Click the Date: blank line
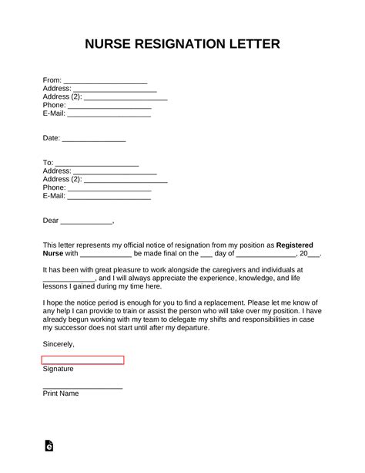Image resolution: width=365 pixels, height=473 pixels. [x=93, y=140]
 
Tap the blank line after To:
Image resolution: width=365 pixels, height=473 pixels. [x=96, y=164]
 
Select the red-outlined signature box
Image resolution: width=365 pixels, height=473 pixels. [x=82, y=360]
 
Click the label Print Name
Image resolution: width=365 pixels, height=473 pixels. [x=61, y=394]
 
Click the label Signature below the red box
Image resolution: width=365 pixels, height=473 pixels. [x=59, y=369]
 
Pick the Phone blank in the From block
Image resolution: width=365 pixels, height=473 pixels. [x=109, y=106]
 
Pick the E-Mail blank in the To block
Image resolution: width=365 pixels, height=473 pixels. [x=109, y=196]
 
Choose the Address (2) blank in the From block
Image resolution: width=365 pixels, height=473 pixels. [x=126, y=98]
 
